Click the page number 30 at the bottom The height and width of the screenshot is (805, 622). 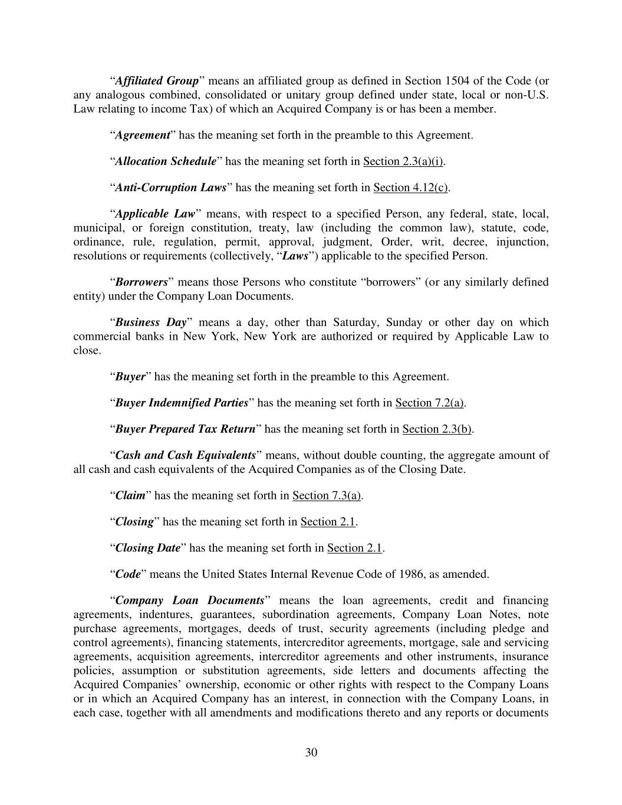pos(311,752)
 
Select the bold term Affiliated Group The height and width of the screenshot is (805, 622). pos(156,81)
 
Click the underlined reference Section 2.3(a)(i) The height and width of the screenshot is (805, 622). pos(403,162)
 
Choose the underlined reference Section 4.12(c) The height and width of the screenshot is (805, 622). pos(410,188)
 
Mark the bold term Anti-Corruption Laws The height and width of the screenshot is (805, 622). pos(170,188)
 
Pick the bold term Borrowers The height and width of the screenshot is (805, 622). pos(141,282)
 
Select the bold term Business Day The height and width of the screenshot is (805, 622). pos(151,323)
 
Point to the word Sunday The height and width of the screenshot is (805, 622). pos(404,323)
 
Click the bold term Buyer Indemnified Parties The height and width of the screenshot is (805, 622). pos(182,403)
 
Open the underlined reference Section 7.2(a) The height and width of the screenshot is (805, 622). pos(430,403)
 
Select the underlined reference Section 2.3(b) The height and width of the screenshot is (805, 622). pos(437,429)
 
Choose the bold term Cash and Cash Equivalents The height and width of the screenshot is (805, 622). pos(185,455)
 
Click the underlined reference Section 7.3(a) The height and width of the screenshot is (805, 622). pos(327,495)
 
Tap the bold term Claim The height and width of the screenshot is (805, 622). pos(130,495)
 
